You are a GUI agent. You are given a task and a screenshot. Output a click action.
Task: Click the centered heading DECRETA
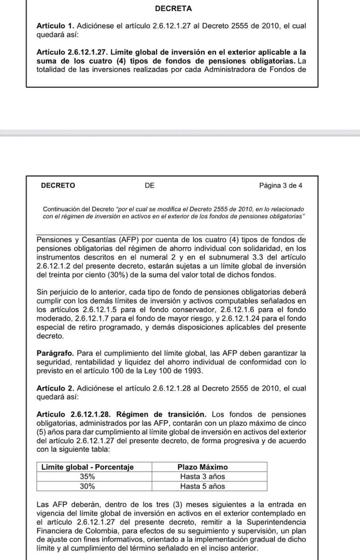pyautogui.click(x=173, y=9)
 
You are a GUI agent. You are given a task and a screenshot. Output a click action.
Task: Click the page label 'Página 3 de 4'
pyautogui.click(x=280, y=186)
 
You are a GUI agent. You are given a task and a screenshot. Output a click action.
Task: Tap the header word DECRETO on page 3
pyautogui.click(x=58, y=186)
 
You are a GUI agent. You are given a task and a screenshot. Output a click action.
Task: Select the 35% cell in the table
pyautogui.click(x=87, y=477)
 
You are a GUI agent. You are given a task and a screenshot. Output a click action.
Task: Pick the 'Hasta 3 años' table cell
pyautogui.click(x=202, y=477)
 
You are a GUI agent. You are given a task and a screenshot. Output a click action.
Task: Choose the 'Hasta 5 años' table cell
pyautogui.click(x=202, y=486)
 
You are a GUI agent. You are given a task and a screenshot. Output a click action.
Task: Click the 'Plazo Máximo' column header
pyautogui.click(x=202, y=467)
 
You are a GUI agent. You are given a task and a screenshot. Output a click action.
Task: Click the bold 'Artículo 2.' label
pyautogui.click(x=55, y=389)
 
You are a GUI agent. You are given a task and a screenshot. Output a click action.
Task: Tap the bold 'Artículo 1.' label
pyautogui.click(x=55, y=27)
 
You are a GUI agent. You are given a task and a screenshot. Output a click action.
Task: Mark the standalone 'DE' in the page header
pyautogui.click(x=150, y=186)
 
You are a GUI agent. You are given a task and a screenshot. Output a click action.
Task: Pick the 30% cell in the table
pyautogui.click(x=87, y=486)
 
